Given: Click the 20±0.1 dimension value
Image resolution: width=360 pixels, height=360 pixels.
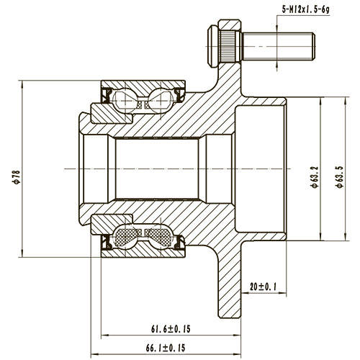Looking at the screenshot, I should click(264, 286).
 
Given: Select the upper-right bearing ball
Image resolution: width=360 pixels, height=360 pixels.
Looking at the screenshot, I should click(161, 99).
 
